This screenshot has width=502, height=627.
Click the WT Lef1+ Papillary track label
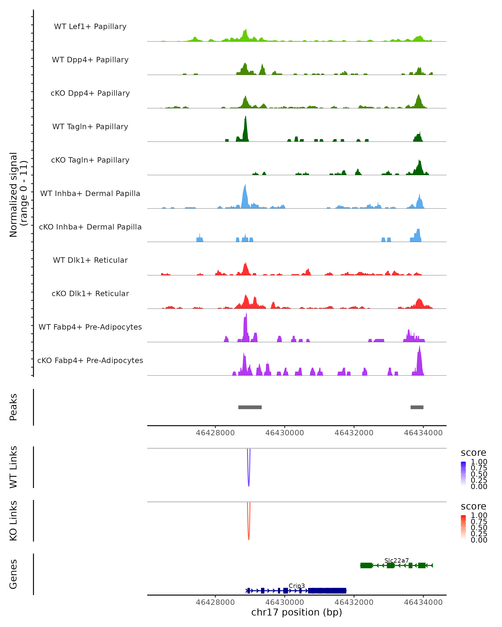point(90,27)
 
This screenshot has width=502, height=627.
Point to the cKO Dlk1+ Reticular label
point(90,293)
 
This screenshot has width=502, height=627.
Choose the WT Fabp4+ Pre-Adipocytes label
point(90,327)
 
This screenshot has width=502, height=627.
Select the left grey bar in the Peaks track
point(250,407)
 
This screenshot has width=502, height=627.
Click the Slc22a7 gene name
point(396,560)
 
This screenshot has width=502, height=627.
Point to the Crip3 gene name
point(297,586)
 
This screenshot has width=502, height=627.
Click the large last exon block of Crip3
point(327,591)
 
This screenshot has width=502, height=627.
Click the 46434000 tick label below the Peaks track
point(423,433)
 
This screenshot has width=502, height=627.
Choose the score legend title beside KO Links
point(473,506)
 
